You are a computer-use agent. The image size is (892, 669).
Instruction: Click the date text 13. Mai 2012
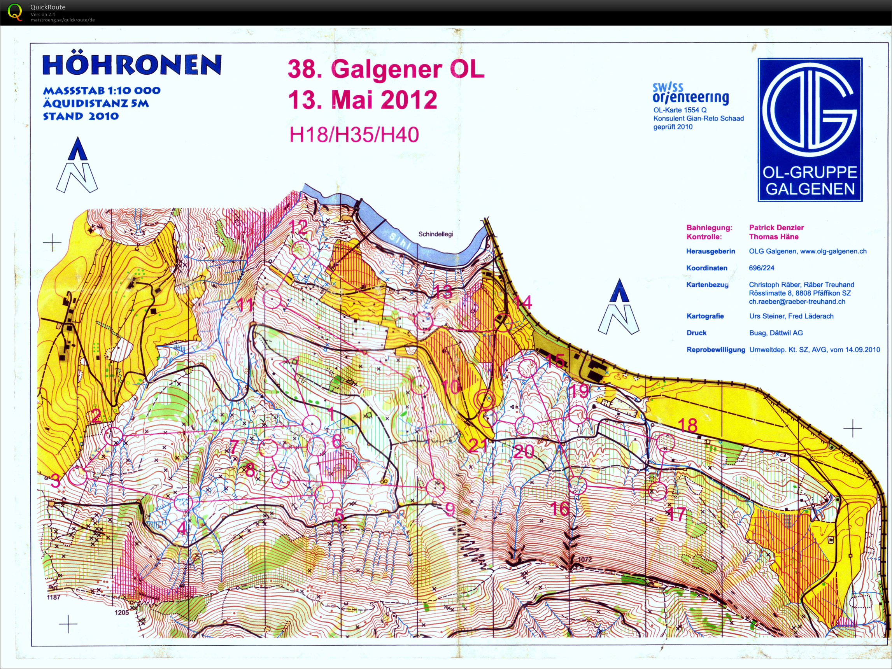362,100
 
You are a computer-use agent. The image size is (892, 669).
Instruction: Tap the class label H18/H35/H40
354,135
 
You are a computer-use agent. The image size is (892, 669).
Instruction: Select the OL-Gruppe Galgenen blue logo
810,130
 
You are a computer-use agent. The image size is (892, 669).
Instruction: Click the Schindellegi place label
436,234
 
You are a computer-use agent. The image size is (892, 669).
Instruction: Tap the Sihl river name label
400,241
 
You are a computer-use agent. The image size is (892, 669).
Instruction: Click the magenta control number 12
299,227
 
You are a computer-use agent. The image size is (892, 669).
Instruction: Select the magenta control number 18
687,425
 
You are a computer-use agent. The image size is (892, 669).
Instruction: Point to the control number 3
56,480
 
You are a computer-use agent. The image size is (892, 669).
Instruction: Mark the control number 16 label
560,509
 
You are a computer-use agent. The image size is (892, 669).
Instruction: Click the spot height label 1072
584,559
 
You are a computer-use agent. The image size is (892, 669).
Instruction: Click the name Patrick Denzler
776,228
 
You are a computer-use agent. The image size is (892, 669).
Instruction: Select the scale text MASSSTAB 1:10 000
102,90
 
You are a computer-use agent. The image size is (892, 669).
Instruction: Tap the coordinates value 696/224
761,268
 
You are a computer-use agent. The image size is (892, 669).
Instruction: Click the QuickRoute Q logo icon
15,12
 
